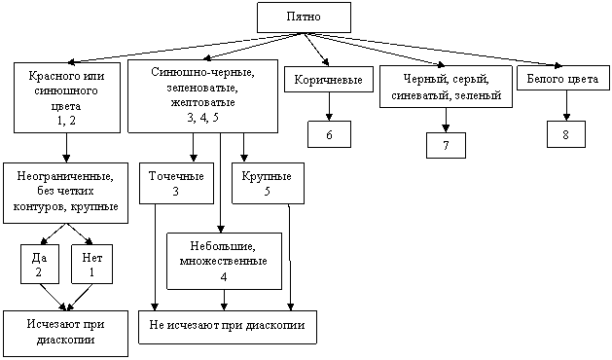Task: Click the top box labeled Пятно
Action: click(304, 18)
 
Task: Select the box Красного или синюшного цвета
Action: click(67, 97)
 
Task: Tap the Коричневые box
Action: click(329, 79)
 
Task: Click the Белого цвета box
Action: click(562, 78)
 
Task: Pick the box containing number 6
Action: click(329, 134)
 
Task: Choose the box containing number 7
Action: click(446, 145)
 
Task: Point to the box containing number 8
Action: click(566, 134)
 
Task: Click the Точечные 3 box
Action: click(176, 183)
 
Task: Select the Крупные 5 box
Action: click(268, 183)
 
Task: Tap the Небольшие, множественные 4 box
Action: click(224, 261)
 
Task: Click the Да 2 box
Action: click(40, 264)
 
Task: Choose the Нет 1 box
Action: click(91, 264)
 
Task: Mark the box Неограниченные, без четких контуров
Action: click(65, 193)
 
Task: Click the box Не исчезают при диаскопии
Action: click(228, 327)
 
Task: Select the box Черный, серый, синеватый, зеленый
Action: click(446, 87)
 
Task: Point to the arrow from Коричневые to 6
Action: click(329, 107)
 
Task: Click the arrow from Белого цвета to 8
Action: click(566, 105)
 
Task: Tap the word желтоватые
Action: click(202, 102)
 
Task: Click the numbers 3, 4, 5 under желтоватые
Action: click(202, 118)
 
